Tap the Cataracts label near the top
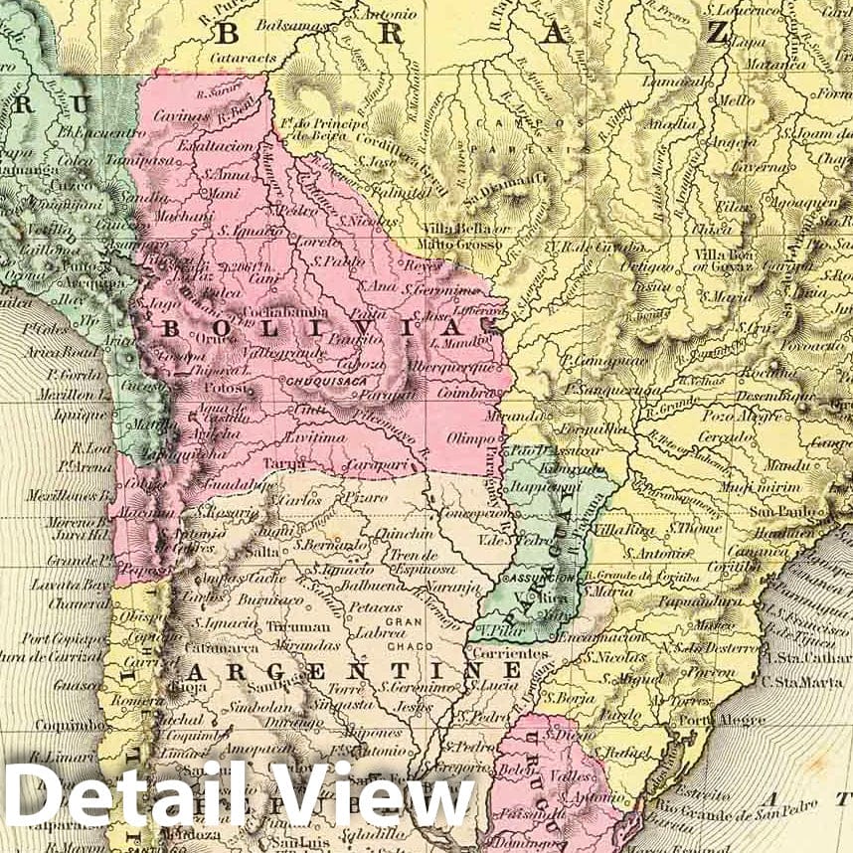[244, 59]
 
